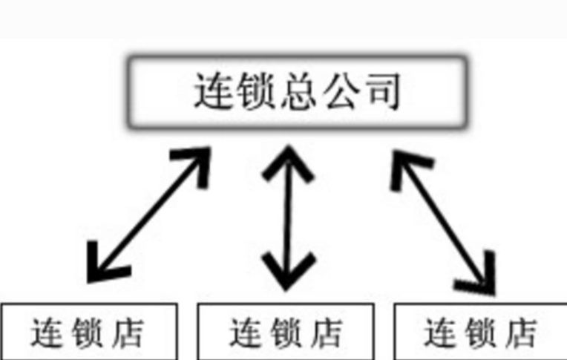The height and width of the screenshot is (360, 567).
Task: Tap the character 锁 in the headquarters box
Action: pos(256,92)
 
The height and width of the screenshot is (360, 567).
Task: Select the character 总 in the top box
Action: pos(299,92)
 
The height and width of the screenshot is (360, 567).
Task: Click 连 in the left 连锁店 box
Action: pos(47,333)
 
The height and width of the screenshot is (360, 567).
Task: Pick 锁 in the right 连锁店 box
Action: pos(481,333)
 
